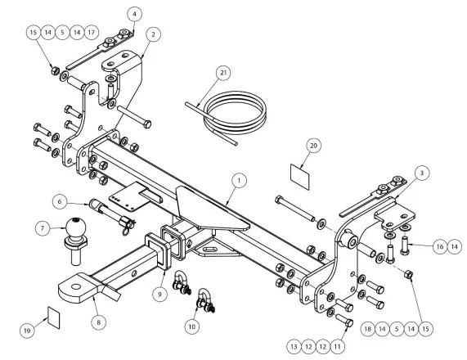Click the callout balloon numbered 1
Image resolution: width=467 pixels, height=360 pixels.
[239, 181]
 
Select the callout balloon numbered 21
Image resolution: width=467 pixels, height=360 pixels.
[223, 73]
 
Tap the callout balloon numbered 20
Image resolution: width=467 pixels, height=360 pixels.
[314, 146]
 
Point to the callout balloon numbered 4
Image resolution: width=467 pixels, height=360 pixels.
[135, 14]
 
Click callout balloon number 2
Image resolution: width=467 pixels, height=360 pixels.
[153, 34]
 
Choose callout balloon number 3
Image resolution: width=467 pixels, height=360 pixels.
[422, 173]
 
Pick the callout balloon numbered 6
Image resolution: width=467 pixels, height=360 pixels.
[60, 201]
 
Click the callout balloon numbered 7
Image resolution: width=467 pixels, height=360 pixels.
[43, 228]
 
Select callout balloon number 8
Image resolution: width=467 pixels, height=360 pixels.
[99, 322]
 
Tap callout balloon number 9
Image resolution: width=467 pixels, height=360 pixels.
[160, 295]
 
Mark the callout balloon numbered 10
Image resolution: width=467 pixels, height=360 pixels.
[192, 326]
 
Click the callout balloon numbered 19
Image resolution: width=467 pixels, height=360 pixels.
[27, 331]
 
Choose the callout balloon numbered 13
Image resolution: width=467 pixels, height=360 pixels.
[294, 347]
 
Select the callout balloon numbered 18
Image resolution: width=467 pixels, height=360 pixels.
[368, 329]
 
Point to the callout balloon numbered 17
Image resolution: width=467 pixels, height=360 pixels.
[92, 32]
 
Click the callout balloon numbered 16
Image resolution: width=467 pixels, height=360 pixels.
[440, 247]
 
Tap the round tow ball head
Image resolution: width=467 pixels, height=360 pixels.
[76, 228]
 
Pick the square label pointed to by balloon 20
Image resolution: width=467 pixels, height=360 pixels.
[300, 176]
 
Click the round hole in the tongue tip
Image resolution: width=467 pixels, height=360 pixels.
[76, 286]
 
